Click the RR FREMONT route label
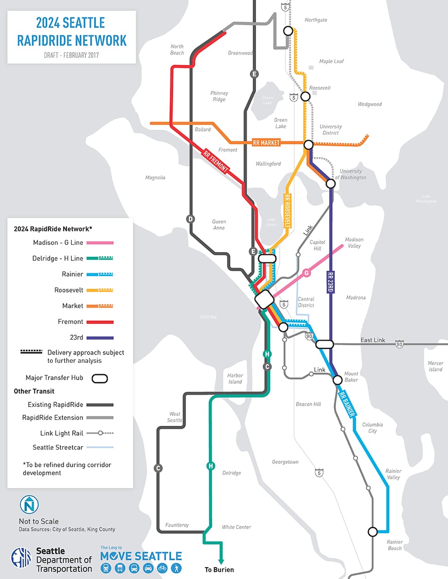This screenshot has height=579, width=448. pos(216,162)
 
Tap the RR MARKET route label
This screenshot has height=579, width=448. pos(266,142)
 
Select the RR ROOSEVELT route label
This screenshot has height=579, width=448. pos(287,212)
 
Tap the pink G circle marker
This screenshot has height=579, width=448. pos(307,273)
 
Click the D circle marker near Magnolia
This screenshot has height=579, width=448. pos(191,219)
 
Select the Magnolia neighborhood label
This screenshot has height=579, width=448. pos(156,178)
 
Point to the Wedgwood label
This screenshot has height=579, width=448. pos(370,104)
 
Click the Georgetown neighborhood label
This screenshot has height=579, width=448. pos(285,462)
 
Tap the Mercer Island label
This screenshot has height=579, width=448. pos(435,366)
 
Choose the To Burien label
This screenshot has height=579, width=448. pos(219,570)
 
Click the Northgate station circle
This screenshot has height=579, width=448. pos(288,31)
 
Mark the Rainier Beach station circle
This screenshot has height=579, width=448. pos(373,532)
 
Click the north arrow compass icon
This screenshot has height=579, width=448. pos(29,505)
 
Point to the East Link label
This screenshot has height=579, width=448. pos(373,340)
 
